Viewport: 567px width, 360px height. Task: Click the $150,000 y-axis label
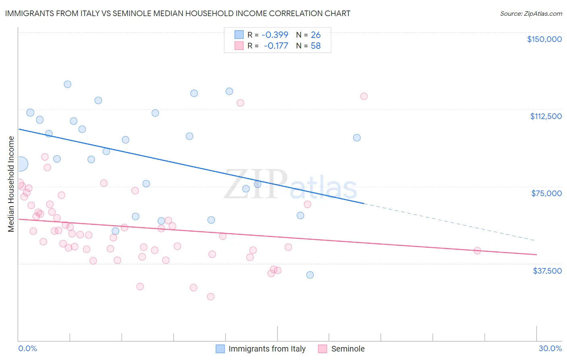544,39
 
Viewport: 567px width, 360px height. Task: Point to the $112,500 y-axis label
546,116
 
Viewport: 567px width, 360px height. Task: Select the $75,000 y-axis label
546,193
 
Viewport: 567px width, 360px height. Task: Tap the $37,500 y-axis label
547,271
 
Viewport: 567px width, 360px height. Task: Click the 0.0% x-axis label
27,348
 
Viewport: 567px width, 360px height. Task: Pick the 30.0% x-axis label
550,348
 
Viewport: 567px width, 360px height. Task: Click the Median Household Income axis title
11,184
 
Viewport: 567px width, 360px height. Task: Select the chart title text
177,13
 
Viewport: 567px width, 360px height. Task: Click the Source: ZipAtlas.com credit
531,13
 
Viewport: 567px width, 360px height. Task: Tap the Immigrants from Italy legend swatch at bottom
220,349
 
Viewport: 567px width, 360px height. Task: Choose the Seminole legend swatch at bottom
323,349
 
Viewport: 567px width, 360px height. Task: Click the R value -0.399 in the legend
275,35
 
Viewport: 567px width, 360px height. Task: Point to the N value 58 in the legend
315,46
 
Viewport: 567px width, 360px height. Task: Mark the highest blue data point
67,84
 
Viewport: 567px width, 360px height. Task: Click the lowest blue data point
310,275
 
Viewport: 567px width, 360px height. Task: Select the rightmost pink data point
477,251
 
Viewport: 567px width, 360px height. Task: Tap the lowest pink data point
211,297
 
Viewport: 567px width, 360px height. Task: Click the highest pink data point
364,96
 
